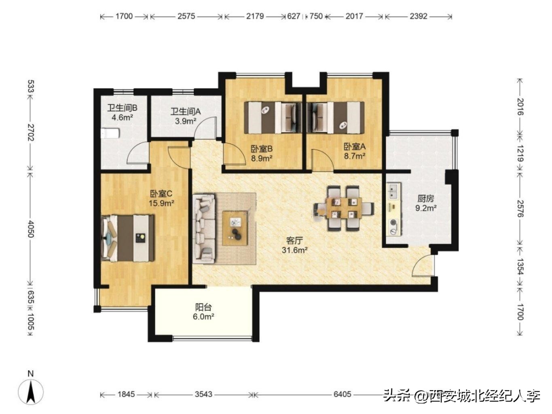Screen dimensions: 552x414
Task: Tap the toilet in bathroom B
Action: (x=110, y=133)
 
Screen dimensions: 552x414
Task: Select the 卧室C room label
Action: (x=161, y=194)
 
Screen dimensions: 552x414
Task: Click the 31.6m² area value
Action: (x=295, y=250)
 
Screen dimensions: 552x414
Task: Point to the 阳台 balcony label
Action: (x=203, y=307)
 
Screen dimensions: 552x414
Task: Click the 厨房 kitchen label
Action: (x=426, y=199)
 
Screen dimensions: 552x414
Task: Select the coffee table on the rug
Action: (x=235, y=228)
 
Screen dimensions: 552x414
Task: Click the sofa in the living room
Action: (x=204, y=228)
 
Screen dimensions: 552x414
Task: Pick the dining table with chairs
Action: (x=344, y=208)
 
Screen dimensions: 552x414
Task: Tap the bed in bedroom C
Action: (x=127, y=238)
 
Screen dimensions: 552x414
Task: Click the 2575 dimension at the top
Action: (x=186, y=16)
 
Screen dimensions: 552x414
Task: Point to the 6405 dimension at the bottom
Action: (x=342, y=395)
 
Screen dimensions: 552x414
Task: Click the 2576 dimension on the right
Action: (x=520, y=209)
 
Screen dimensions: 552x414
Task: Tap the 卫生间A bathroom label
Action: (x=186, y=111)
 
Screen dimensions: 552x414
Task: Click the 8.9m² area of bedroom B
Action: (x=262, y=158)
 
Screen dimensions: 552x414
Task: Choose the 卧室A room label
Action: (x=355, y=147)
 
